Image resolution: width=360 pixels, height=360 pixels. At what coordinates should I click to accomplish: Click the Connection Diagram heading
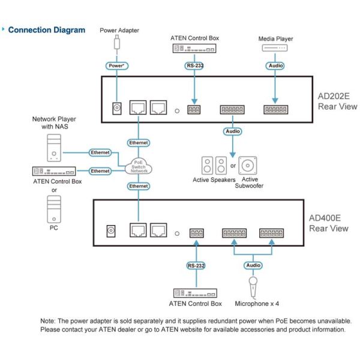click(47, 30)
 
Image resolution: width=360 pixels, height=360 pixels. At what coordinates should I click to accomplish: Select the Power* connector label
click(117, 65)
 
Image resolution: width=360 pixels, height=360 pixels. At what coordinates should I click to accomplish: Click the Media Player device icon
click(275, 48)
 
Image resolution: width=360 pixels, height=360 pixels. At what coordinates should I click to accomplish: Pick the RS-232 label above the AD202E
click(194, 65)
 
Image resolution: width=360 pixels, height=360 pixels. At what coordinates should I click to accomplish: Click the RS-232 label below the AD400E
click(196, 266)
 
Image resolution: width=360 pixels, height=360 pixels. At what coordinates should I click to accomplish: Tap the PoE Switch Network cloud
click(139, 166)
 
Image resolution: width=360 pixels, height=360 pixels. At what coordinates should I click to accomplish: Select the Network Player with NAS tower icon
click(54, 148)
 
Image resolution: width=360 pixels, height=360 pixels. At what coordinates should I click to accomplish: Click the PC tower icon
click(54, 209)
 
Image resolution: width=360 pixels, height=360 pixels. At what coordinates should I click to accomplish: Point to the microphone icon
click(253, 287)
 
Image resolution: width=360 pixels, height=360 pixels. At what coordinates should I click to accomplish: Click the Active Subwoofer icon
click(247, 166)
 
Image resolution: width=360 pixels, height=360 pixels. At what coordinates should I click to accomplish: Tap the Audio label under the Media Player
click(275, 65)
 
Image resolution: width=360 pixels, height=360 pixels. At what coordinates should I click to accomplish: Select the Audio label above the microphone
click(253, 265)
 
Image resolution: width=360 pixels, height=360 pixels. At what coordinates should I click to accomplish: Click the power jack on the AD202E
click(117, 108)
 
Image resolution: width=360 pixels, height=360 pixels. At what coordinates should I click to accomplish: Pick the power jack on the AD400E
click(111, 231)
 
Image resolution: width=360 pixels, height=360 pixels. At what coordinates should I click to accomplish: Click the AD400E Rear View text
click(329, 223)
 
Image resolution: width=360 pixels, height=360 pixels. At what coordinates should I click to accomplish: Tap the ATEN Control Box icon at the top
click(194, 48)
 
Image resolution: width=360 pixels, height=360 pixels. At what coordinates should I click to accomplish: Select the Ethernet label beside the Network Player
click(100, 152)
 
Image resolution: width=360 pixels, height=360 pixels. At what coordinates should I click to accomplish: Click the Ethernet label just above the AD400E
click(139, 186)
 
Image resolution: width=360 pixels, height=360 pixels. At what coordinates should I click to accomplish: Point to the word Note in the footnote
click(48, 321)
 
